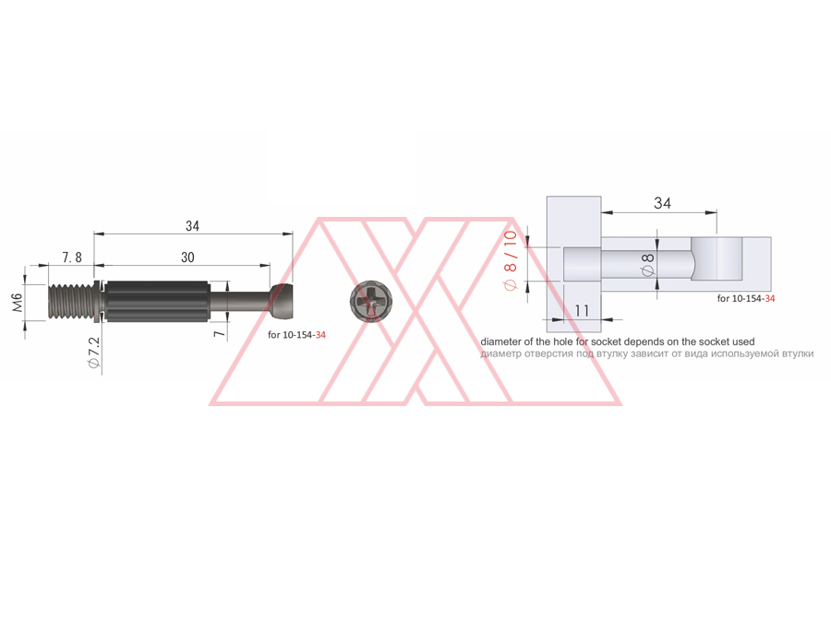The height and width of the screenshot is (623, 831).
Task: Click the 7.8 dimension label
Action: tap(72, 258)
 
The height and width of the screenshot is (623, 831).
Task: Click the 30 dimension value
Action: tap(187, 258)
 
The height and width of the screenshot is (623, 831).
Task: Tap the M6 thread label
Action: tap(18, 303)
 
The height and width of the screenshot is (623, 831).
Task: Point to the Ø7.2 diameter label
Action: tap(94, 353)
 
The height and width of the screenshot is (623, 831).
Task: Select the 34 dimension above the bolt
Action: tap(192, 226)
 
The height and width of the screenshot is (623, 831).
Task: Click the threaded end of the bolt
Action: tap(70, 302)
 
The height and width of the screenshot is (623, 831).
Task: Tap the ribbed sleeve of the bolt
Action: tap(156, 302)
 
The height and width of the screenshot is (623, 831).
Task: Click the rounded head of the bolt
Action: tap(281, 302)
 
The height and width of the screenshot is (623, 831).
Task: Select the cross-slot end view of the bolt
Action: tap(371, 302)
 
